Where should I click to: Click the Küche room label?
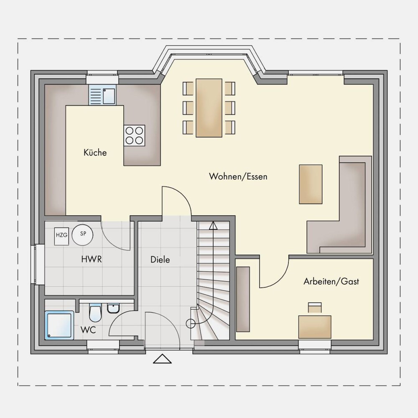click(x=95, y=153)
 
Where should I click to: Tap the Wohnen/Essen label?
click(x=238, y=176)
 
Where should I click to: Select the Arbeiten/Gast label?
click(x=331, y=281)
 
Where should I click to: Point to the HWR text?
click(x=92, y=259)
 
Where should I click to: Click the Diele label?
click(x=160, y=260)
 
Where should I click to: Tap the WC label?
click(x=88, y=330)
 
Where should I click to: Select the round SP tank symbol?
click(x=83, y=235)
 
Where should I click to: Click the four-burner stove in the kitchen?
click(x=134, y=135)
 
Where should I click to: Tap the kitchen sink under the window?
click(x=102, y=95)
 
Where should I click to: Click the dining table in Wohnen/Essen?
click(x=209, y=108)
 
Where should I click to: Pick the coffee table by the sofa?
click(x=311, y=184)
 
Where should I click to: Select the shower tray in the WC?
click(x=59, y=325)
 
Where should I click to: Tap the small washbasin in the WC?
click(x=114, y=308)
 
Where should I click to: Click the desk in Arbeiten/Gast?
click(x=315, y=327)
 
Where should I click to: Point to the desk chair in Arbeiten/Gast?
click(x=315, y=307)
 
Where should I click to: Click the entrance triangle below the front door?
click(x=162, y=359)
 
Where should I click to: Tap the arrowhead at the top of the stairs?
click(x=213, y=226)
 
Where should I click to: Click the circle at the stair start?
click(x=191, y=324)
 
